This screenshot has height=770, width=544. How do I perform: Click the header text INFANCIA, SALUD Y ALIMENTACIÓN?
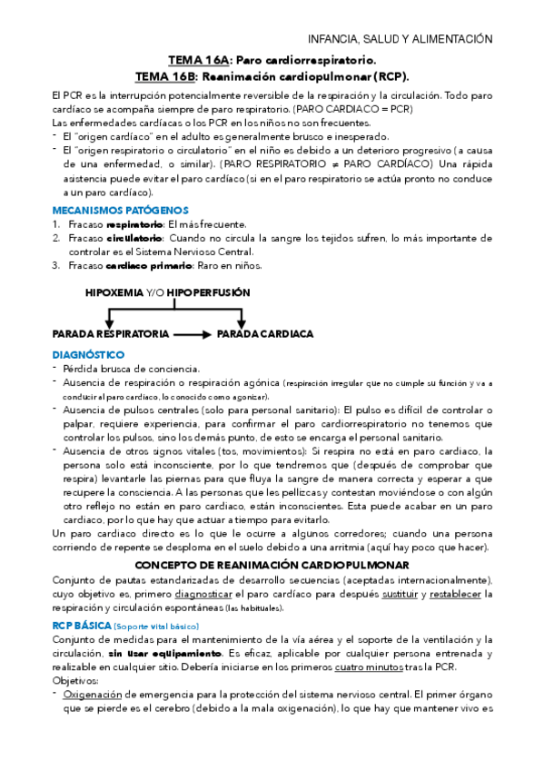click(401, 39)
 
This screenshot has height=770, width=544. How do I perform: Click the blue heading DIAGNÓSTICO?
click(88, 354)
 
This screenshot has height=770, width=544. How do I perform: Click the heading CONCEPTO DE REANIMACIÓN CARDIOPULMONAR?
click(272, 565)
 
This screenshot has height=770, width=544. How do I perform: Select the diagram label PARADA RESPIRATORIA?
click(110, 334)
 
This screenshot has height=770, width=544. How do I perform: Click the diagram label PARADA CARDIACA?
click(264, 334)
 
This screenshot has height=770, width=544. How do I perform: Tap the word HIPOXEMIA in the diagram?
click(114, 294)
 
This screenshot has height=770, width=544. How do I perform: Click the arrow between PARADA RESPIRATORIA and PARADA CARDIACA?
click(192, 334)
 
